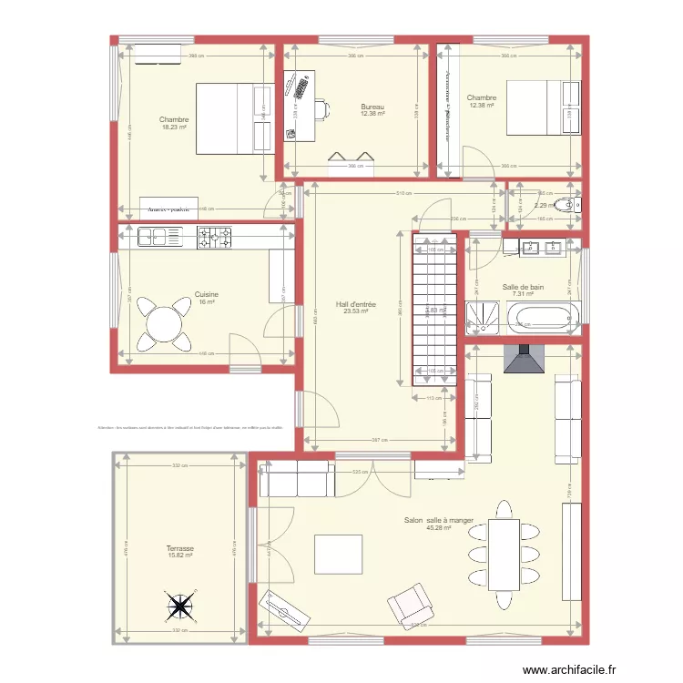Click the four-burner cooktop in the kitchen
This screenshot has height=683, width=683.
215,238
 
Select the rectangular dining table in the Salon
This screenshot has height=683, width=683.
504,554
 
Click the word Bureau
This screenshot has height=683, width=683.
372,107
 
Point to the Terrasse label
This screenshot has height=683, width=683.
180,549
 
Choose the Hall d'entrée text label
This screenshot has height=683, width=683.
355,304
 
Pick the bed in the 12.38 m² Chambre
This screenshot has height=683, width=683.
543,107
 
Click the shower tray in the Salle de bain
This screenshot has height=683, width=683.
482,315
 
